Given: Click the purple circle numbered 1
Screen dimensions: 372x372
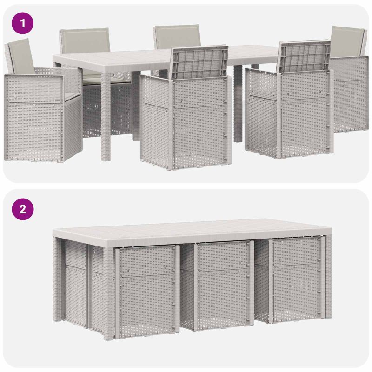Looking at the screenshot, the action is pyautogui.click(x=22, y=23).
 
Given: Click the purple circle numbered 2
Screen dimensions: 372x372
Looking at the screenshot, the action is pyautogui.click(x=22, y=209).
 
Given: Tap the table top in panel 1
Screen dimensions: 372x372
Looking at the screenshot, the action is pyautogui.click(x=142, y=60).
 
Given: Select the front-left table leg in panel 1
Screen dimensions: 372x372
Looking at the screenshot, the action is pyautogui.click(x=106, y=117).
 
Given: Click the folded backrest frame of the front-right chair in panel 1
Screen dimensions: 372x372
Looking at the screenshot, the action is pyautogui.click(x=305, y=56).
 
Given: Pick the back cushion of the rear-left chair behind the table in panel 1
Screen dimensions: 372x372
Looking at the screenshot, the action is pyautogui.click(x=86, y=40).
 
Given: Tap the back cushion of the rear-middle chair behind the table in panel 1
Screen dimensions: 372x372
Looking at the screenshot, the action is pyautogui.click(x=177, y=36).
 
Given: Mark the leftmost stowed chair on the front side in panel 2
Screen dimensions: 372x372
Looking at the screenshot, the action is pyautogui.click(x=146, y=291).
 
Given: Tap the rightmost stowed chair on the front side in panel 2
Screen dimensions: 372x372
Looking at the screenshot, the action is pyautogui.click(x=297, y=280).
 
